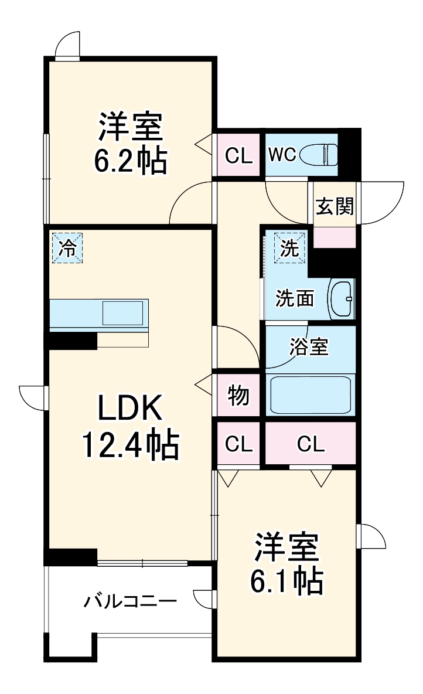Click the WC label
(x=282, y=155)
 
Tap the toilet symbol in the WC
(x=319, y=155)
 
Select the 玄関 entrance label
(x=335, y=206)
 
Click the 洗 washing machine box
(x=290, y=248)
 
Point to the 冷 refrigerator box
(x=67, y=248)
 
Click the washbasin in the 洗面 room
(x=342, y=298)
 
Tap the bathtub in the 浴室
(x=311, y=395)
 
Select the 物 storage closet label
(x=238, y=395)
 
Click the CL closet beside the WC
(x=238, y=155)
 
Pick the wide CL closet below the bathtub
(x=311, y=443)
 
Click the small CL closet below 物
(x=238, y=443)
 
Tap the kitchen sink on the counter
(x=123, y=313)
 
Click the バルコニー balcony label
(x=131, y=601)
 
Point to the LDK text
(x=129, y=407)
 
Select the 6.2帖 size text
(x=131, y=161)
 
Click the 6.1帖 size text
(x=286, y=580)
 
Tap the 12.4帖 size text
(x=131, y=444)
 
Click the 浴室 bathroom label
(x=309, y=347)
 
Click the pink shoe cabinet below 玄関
(x=335, y=237)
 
